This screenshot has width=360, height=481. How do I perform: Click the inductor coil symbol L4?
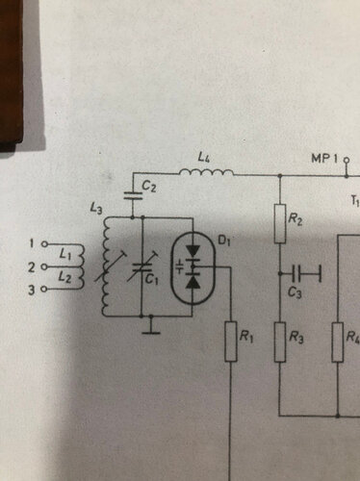[207, 173]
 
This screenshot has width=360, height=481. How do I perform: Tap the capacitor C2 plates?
[133, 195]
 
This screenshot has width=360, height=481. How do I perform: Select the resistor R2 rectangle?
[280, 223]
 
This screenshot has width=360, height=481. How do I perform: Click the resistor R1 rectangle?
[231, 342]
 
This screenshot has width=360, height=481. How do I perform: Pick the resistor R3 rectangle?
[280, 342]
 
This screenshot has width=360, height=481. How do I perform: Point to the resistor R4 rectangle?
[338, 342]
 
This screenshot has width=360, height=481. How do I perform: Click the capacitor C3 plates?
[297, 273]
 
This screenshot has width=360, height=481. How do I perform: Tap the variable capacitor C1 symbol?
[142, 266]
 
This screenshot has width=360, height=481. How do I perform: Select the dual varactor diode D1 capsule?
[193, 268]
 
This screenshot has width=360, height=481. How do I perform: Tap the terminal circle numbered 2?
[45, 266]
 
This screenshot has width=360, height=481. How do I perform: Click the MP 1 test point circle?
[347, 160]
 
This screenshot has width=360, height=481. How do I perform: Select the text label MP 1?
[324, 159]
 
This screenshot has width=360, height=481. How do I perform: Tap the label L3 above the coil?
[96, 209]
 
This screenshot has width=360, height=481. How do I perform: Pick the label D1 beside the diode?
[224, 240]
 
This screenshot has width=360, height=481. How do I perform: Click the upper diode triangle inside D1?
[193, 251]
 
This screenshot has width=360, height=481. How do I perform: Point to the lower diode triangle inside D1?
[193, 282]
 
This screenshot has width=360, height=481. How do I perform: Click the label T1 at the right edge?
[354, 201]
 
